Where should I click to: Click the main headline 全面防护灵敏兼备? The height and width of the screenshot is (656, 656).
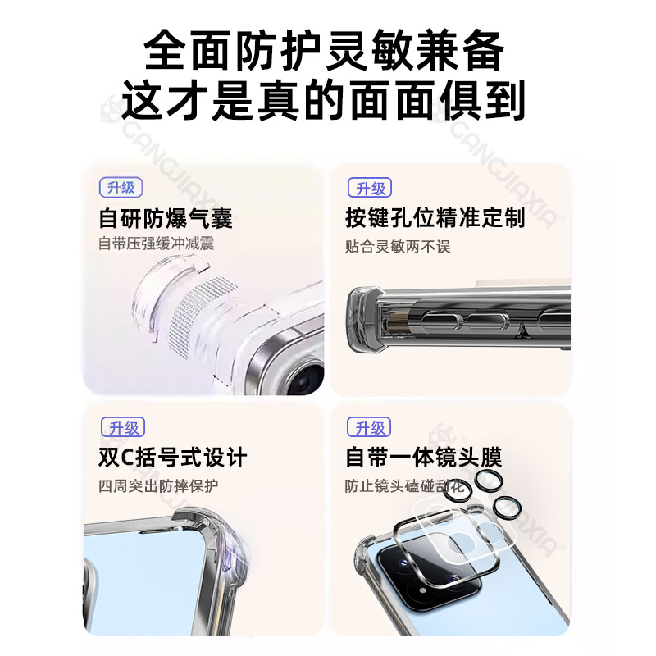click(x=324, y=50)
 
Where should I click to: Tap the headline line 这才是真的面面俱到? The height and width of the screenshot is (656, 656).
click(x=323, y=100)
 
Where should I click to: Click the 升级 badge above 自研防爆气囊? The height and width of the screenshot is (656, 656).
click(x=121, y=188)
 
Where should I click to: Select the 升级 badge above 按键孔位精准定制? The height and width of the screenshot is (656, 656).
click(x=370, y=188)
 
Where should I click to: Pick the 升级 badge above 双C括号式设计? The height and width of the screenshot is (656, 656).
click(x=123, y=427)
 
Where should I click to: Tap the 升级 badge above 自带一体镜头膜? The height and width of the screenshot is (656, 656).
click(x=369, y=427)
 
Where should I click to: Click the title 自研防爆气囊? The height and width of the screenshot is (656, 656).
click(x=166, y=218)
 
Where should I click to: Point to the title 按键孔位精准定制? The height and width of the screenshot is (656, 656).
click(x=435, y=218)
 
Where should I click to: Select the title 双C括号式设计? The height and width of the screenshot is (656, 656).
click(x=172, y=458)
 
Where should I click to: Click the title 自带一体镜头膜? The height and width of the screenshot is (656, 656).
click(x=423, y=457)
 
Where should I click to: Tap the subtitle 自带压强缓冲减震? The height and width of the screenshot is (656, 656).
click(x=156, y=244)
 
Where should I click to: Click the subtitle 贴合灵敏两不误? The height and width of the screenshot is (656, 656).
click(x=398, y=247)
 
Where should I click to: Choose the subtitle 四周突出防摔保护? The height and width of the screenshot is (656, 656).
click(x=158, y=485)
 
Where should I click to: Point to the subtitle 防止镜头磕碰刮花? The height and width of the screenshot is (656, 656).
click(x=404, y=485)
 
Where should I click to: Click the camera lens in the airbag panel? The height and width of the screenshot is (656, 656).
click(x=307, y=378)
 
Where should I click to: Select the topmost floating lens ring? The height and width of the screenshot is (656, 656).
click(x=487, y=481)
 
